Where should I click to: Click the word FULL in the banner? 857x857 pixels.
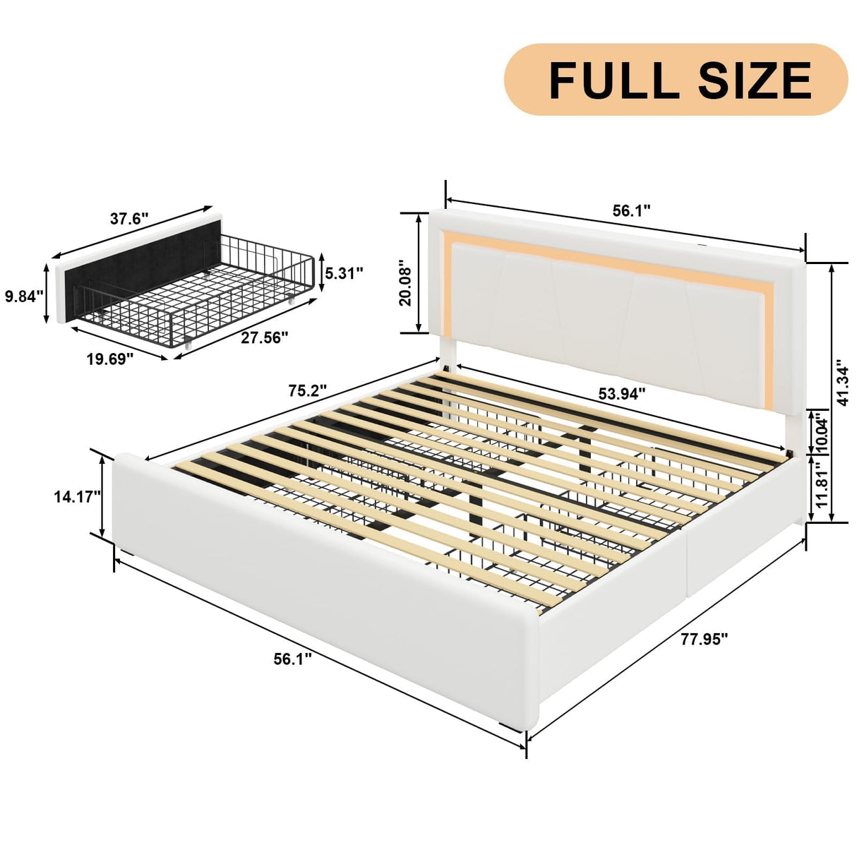click(x=613, y=80)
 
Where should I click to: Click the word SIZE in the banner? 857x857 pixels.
click(x=755, y=80)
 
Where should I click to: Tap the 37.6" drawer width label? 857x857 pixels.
click(x=129, y=219)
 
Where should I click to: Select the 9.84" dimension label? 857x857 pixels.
click(x=24, y=296)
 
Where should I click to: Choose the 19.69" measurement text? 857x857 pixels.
click(x=110, y=360)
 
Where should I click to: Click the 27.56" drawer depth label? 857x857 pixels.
click(x=265, y=338)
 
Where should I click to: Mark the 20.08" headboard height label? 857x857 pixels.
click(x=405, y=283)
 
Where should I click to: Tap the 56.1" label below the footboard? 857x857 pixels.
click(x=292, y=659)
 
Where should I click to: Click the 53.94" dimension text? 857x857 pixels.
click(x=622, y=394)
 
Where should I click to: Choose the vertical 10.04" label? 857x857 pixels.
click(x=821, y=433)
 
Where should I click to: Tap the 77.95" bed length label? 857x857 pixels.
click(x=704, y=640)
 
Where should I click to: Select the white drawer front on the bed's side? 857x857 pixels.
click(x=745, y=561)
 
